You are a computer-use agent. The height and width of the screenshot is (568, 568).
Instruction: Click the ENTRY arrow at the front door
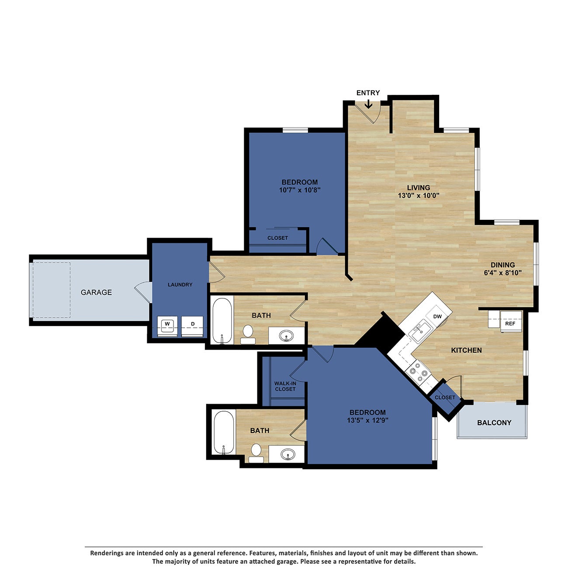coord(368,104)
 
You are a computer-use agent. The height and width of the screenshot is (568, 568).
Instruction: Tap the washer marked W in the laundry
coord(167,325)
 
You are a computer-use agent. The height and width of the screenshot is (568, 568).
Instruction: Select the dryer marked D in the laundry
coord(193,325)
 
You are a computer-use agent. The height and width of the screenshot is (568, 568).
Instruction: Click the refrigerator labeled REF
coord(510,323)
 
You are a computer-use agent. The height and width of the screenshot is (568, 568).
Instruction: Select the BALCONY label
coord(494,423)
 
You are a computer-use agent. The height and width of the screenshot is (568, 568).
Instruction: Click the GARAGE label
coord(96,292)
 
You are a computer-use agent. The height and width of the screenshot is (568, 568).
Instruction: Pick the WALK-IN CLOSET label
coord(285,386)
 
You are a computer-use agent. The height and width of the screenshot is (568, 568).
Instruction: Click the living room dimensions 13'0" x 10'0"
coord(418,196)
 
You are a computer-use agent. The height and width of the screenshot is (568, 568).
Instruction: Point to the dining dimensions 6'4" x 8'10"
coord(502,273)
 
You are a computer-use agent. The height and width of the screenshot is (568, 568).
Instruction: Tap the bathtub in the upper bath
coord(222,320)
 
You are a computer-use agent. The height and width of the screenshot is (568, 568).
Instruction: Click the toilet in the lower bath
coord(256,452)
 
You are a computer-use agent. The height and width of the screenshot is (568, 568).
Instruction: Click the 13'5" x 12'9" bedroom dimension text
coord(367,420)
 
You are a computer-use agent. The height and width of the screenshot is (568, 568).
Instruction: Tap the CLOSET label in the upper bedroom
coord(277,238)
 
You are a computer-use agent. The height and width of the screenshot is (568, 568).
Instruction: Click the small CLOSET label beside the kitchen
coord(445,398)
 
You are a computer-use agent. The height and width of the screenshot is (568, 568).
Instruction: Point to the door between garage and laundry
coord(143,291)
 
